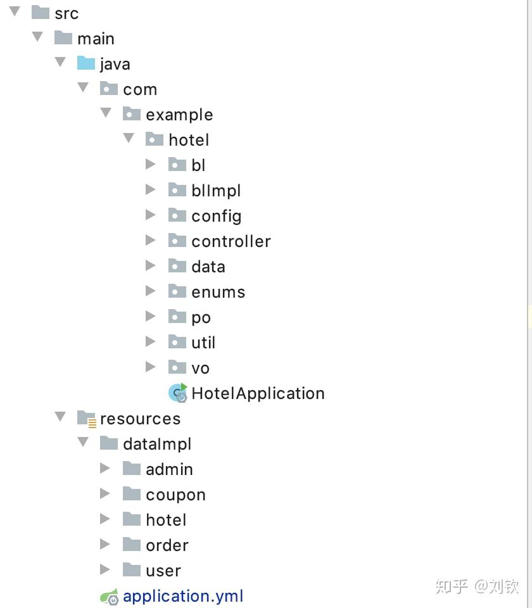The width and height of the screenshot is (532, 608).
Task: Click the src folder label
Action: click(x=66, y=13)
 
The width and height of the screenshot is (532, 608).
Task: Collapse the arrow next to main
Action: click(x=38, y=37)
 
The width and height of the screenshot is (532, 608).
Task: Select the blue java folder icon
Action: click(x=85, y=63)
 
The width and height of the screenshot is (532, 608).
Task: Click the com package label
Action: click(x=140, y=89)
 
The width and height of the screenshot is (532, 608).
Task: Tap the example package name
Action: click(x=179, y=115)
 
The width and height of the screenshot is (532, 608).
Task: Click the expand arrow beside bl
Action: click(x=151, y=165)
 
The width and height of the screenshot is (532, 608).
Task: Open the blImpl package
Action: click(x=216, y=191)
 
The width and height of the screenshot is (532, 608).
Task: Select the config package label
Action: click(x=216, y=216)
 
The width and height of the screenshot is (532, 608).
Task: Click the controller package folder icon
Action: click(x=177, y=241)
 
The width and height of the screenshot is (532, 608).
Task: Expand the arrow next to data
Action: click(x=151, y=266)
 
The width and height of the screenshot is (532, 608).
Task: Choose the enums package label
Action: click(x=218, y=292)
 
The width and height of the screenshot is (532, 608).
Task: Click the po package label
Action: click(x=201, y=317)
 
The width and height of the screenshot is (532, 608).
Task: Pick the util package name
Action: click(x=203, y=343)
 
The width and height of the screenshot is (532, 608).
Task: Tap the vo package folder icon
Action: click(x=177, y=367)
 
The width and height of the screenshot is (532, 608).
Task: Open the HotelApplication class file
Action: click(x=258, y=393)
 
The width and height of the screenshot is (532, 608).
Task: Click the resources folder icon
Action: click(x=86, y=418)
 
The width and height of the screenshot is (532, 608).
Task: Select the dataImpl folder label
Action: click(x=157, y=444)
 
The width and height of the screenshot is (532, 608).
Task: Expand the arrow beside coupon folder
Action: click(x=105, y=494)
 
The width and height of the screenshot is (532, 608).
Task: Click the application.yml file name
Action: click(x=183, y=596)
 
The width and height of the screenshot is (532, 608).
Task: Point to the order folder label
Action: click(x=167, y=545)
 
